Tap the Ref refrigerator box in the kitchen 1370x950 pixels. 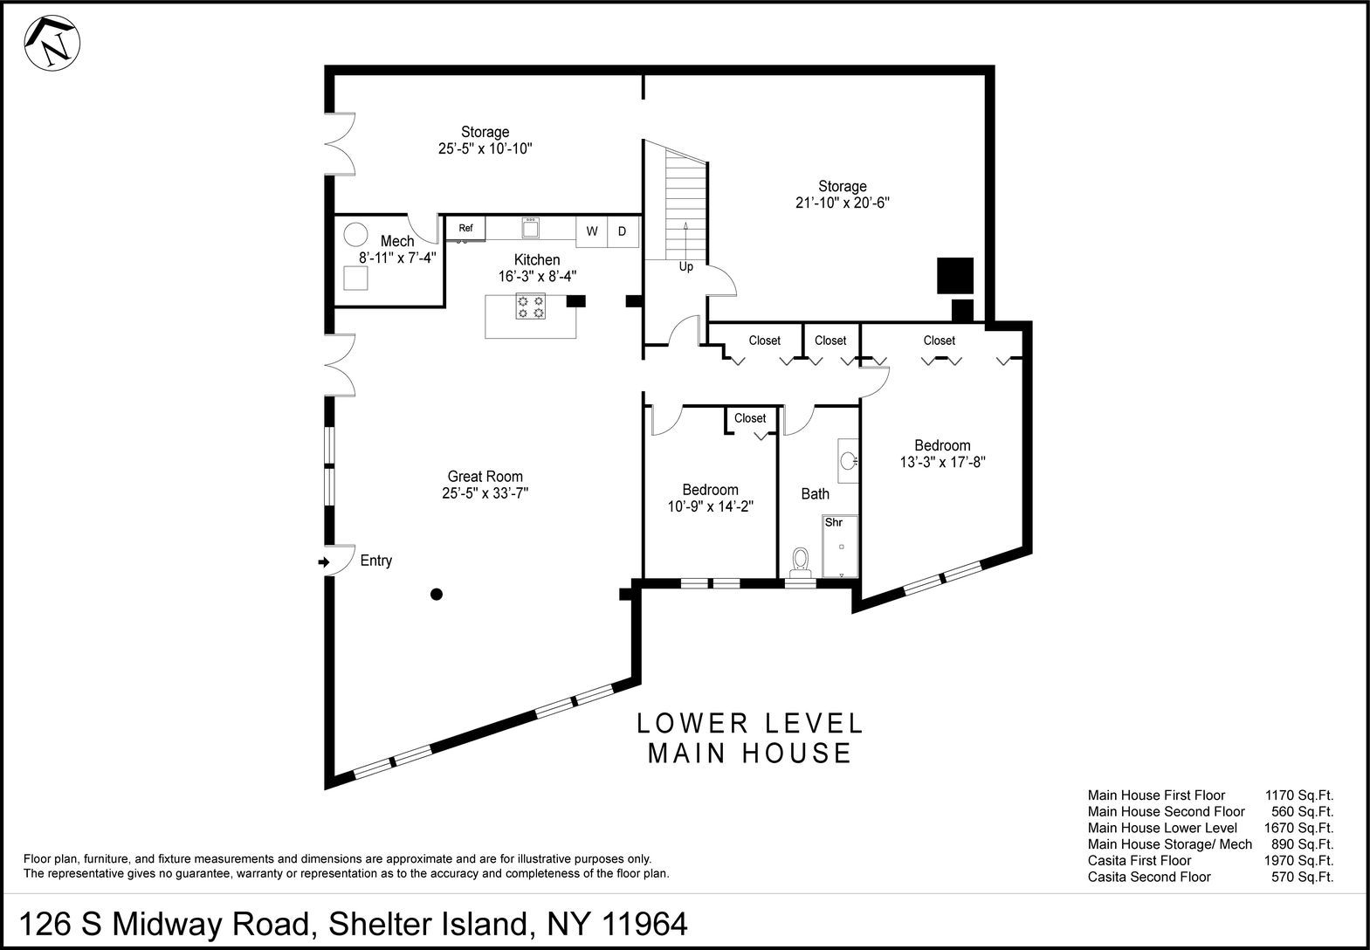(x=465, y=229)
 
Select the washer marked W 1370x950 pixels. (x=592, y=231)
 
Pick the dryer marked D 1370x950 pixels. (x=623, y=231)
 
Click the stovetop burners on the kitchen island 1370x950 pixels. (x=531, y=306)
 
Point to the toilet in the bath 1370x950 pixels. (x=799, y=561)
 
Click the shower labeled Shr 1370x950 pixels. (x=840, y=547)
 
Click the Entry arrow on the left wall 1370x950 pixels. (x=325, y=562)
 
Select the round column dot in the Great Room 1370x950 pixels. (x=437, y=595)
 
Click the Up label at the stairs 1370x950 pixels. (x=686, y=266)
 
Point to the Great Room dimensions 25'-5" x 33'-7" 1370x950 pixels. (x=485, y=493)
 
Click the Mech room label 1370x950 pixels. (x=397, y=242)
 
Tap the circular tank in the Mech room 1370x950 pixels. (x=355, y=234)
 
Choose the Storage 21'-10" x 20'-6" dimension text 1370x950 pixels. (x=842, y=203)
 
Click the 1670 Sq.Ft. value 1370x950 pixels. (x=1298, y=828)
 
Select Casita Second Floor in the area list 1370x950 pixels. (x=1149, y=877)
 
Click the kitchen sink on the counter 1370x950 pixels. (x=531, y=228)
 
